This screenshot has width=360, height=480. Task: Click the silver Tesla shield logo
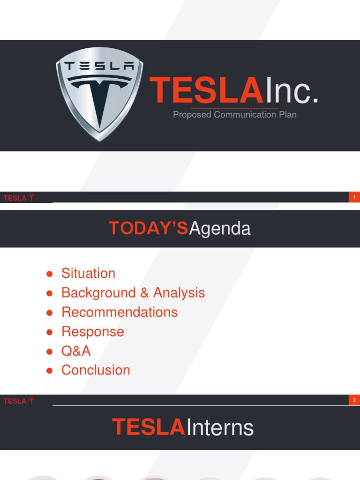point(99,94)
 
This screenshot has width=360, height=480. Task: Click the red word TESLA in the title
point(206,90)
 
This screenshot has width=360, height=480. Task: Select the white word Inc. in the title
point(291,90)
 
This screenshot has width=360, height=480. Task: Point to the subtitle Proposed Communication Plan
point(234,114)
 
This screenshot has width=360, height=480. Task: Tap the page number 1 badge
point(354,197)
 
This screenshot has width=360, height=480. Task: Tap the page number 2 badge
point(354,400)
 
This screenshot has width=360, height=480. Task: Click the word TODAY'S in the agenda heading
point(149,228)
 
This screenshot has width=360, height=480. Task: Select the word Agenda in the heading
point(220,229)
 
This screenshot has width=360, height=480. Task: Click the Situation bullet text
point(88,273)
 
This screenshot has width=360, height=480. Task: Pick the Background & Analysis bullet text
point(133,292)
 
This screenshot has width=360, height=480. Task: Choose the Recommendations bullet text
point(120,312)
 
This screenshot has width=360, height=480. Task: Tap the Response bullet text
point(93,331)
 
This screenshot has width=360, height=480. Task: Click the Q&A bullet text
point(76,351)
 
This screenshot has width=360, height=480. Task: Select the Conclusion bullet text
point(96,370)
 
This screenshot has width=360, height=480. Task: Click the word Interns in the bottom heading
point(219,428)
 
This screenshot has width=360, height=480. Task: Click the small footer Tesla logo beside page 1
point(19,198)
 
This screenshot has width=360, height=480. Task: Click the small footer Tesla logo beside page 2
point(19,401)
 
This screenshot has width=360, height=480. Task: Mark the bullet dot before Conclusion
point(49,371)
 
